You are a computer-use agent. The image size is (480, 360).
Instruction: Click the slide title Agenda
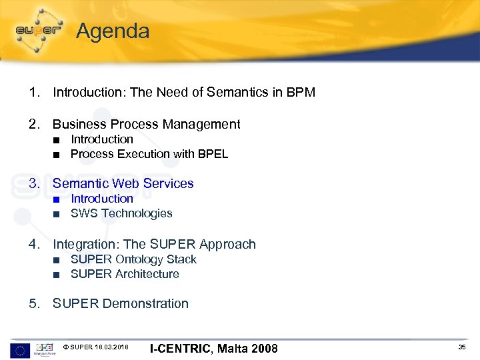[x=113, y=31]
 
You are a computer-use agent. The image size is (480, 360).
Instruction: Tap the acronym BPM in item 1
[x=301, y=93]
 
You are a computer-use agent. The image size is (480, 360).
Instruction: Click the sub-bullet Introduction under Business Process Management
[x=102, y=139]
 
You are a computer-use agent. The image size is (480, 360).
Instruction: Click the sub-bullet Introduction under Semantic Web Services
[x=102, y=199]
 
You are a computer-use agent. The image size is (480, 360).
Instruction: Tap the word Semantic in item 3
[x=81, y=183]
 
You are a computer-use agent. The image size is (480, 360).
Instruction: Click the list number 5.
[x=33, y=304]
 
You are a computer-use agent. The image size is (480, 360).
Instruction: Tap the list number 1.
[x=33, y=93]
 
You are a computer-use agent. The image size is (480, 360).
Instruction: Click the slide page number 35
[x=462, y=348]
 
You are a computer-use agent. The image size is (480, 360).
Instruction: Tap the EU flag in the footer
[x=21, y=349]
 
